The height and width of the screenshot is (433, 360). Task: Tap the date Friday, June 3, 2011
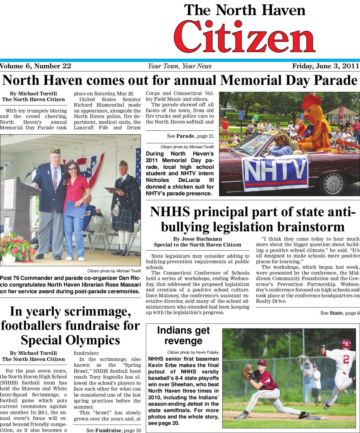(326, 66)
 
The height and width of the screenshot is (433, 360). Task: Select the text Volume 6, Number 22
(35, 66)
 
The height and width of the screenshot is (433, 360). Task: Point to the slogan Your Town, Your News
(180, 66)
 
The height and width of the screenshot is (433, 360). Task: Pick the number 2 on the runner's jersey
(346, 360)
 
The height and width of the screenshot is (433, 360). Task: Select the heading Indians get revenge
(183, 335)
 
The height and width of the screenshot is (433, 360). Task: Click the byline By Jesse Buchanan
(197, 239)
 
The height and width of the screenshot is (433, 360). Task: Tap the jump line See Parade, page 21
(190, 136)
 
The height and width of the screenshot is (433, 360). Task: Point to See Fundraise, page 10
(113, 430)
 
